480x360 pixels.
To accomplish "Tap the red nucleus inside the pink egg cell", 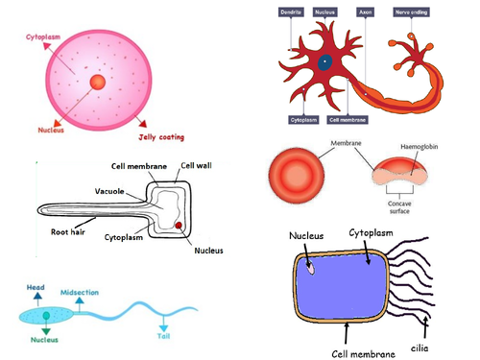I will click(x=98, y=84).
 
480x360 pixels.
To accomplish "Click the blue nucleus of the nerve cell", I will click(x=325, y=63).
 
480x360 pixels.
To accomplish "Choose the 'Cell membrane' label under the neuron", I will click(x=348, y=120).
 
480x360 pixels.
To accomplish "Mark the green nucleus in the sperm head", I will click(x=45, y=316).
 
